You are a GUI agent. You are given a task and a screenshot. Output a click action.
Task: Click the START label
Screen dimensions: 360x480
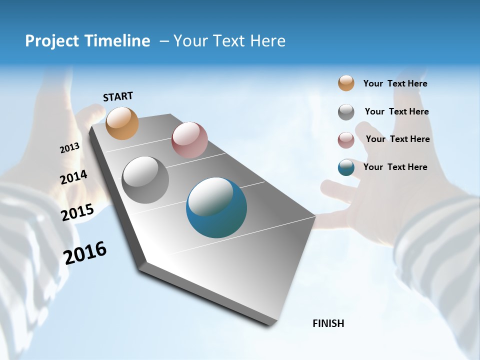click(x=118, y=96)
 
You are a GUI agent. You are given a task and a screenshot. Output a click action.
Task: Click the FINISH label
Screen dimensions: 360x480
click(x=328, y=323)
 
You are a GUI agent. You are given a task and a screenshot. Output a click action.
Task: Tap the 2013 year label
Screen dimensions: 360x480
click(x=69, y=148)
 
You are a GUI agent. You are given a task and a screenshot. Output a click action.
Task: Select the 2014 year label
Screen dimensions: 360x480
click(x=73, y=177)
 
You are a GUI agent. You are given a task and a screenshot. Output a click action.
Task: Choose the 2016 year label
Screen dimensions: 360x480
click(x=85, y=253)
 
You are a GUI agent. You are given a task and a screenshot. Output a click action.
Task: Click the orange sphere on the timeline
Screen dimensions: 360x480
click(x=122, y=123)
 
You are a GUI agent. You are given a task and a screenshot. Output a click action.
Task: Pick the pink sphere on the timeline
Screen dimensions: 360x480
click(x=189, y=139)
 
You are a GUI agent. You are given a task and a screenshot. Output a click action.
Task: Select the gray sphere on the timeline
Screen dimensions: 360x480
click(x=145, y=179)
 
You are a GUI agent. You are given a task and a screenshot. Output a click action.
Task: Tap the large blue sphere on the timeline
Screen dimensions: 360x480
click(x=216, y=207)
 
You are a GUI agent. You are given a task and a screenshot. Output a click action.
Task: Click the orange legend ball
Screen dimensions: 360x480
click(x=346, y=83)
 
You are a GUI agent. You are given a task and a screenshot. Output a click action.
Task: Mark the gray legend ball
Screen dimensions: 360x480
click(x=346, y=111)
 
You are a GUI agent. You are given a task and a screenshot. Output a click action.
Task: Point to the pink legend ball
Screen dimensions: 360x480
click(x=346, y=139)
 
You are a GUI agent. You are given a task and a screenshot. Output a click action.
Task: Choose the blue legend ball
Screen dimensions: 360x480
click(x=346, y=167)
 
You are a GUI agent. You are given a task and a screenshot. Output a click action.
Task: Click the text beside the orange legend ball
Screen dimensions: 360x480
click(x=395, y=84)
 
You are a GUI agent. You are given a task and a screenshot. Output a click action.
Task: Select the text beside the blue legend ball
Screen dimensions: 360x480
click(x=395, y=167)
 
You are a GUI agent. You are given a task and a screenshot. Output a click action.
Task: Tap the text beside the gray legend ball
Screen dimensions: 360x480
click(x=396, y=111)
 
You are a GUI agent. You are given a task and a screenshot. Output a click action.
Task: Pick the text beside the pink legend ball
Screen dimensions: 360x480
click(x=397, y=139)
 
